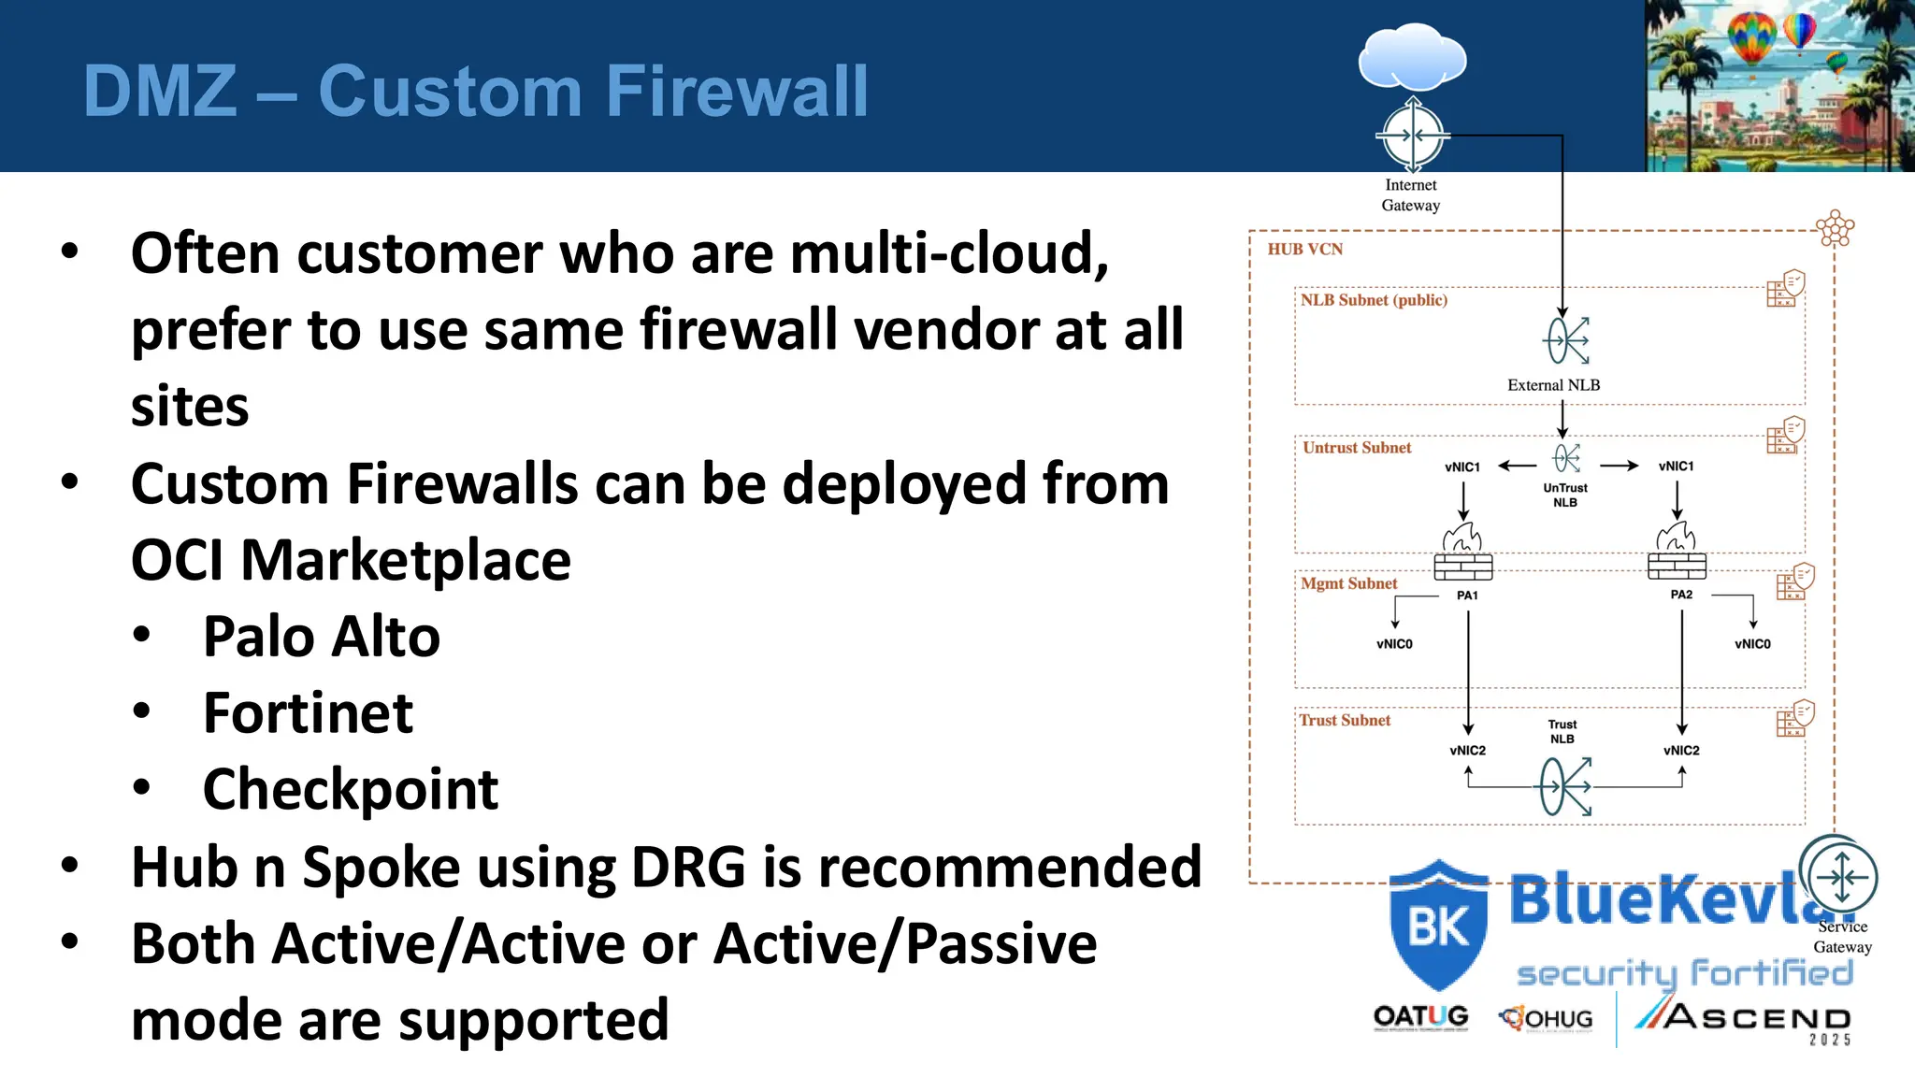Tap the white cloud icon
(x=1412, y=58)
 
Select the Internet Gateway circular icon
(x=1412, y=136)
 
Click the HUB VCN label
(x=1304, y=250)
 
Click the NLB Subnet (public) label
(x=1373, y=300)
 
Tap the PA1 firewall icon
(x=1463, y=553)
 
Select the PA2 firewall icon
(x=1677, y=553)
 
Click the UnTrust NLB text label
(x=1565, y=495)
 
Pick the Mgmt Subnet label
(x=1348, y=583)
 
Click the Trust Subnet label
(x=1345, y=721)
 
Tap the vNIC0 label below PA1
(x=1394, y=644)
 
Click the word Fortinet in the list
(x=308, y=713)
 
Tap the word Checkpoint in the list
(x=350, y=790)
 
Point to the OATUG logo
(x=1420, y=1017)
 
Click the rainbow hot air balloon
(x=1751, y=37)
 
